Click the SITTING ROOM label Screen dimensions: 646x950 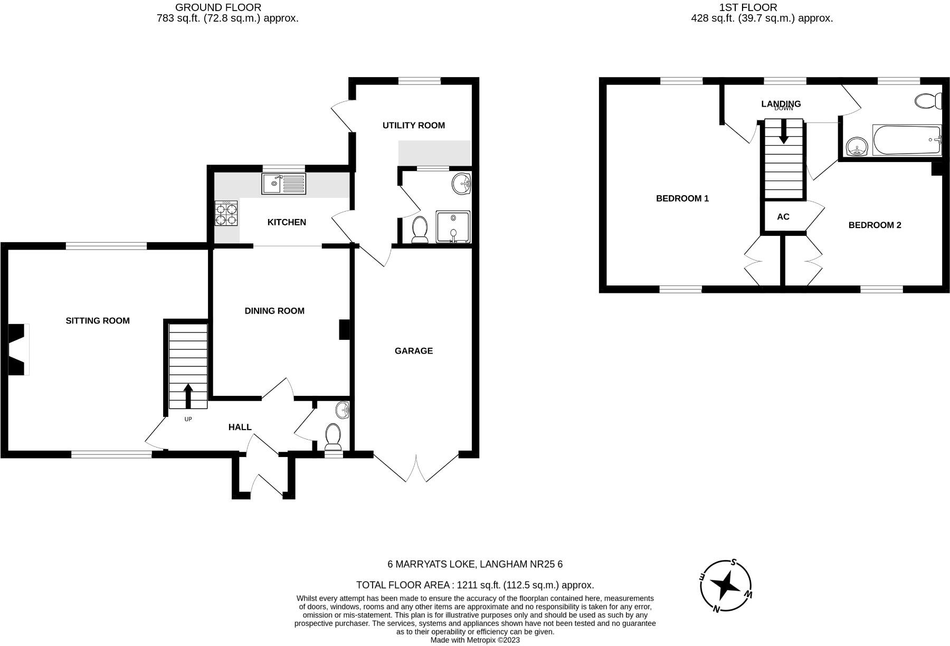97,320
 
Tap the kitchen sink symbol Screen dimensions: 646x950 283,184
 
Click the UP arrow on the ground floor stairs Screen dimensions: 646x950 188,395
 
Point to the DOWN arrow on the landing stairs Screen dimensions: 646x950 783,131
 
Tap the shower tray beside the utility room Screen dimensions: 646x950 453,226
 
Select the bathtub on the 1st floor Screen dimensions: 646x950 907,140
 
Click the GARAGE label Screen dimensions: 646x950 414,350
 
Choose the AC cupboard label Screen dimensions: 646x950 783,217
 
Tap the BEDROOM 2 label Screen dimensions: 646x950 875,225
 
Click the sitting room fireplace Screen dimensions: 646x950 18,349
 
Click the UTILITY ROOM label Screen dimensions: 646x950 413,125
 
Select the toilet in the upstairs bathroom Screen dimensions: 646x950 928,100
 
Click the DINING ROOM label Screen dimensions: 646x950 274,311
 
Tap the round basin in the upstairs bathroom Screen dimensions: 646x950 858,146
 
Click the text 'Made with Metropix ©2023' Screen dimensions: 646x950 475,640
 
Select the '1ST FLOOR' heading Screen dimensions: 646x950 748,7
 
